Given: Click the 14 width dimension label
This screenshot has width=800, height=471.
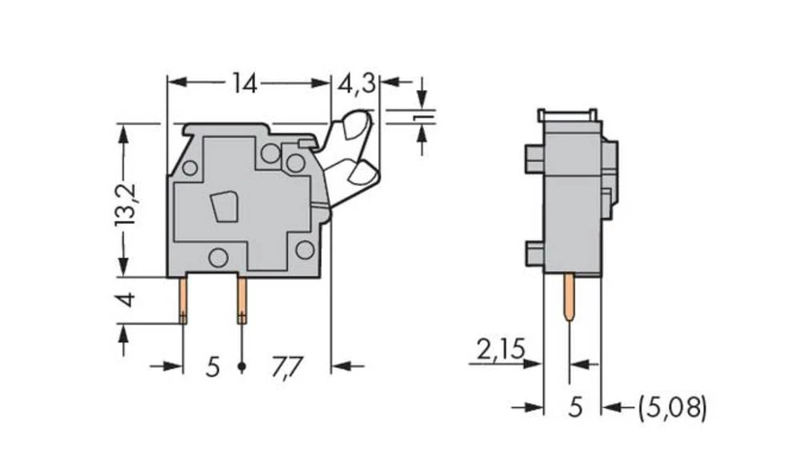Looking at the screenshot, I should (245, 83).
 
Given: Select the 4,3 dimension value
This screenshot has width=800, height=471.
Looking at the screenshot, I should (356, 83).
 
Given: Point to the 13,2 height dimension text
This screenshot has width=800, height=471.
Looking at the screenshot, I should (125, 204).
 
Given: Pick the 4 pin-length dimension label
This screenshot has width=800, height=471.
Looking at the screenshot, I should (125, 301).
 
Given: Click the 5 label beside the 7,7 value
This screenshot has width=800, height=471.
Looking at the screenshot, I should (212, 367).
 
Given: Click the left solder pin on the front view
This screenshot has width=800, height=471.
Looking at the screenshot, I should (183, 299).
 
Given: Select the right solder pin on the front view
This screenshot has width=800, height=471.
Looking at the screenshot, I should (242, 299).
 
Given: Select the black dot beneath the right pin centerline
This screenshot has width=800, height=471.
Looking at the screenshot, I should (242, 367).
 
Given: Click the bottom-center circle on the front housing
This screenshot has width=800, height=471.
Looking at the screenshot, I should (217, 257).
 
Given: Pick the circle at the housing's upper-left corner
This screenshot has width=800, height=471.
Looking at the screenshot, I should (190, 168).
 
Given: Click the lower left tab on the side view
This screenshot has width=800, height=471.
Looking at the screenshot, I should (534, 253).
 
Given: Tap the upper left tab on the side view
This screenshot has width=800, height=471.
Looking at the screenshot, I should (534, 158).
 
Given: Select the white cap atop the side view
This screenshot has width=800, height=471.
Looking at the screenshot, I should (569, 117).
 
